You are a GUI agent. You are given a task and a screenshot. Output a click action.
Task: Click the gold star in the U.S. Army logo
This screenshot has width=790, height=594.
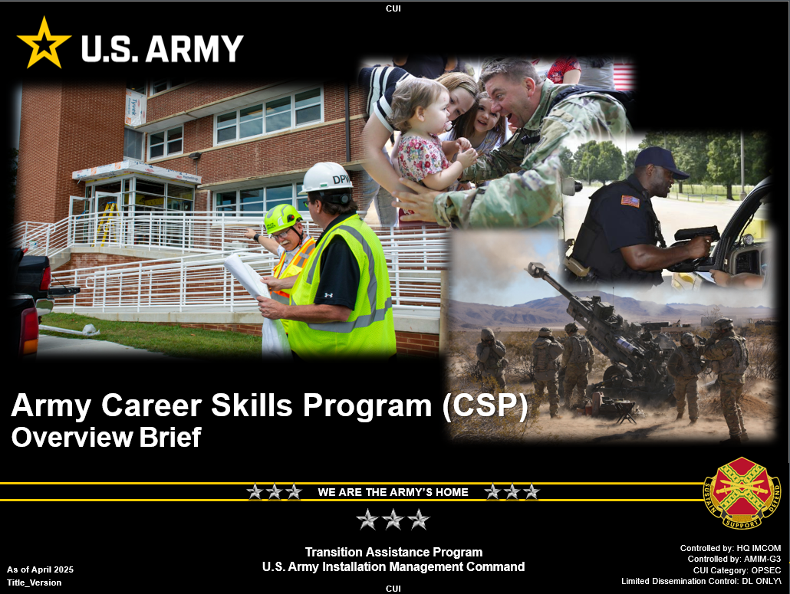tap(44, 43)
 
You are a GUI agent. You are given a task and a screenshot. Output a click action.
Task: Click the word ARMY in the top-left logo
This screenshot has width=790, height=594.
tap(195, 49)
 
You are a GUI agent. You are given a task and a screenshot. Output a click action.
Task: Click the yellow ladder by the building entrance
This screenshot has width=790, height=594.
tap(108, 223)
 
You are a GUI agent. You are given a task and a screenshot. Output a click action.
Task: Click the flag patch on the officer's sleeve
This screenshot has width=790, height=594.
tap(630, 201)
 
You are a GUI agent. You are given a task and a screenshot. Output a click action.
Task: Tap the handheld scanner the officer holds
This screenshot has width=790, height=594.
tap(696, 235)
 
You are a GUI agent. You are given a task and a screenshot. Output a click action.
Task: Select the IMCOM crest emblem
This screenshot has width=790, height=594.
tap(742, 493)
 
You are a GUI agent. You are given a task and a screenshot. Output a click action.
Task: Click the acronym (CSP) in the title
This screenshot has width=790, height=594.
tap(486, 405)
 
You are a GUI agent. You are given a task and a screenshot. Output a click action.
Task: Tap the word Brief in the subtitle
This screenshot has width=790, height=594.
tap(170, 437)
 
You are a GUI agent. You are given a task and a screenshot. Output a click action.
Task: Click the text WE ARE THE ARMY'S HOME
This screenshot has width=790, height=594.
tap(393, 492)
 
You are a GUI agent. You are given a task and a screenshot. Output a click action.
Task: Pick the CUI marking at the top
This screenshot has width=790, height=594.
tap(393, 8)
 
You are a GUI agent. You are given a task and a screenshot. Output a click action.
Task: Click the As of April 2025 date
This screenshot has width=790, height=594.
tap(41, 569)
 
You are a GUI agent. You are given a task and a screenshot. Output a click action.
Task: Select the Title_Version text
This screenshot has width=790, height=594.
tap(35, 583)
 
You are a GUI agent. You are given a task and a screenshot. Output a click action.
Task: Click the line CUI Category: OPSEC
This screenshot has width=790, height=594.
tap(736, 570)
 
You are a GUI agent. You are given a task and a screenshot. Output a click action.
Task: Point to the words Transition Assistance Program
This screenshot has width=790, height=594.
tap(393, 552)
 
